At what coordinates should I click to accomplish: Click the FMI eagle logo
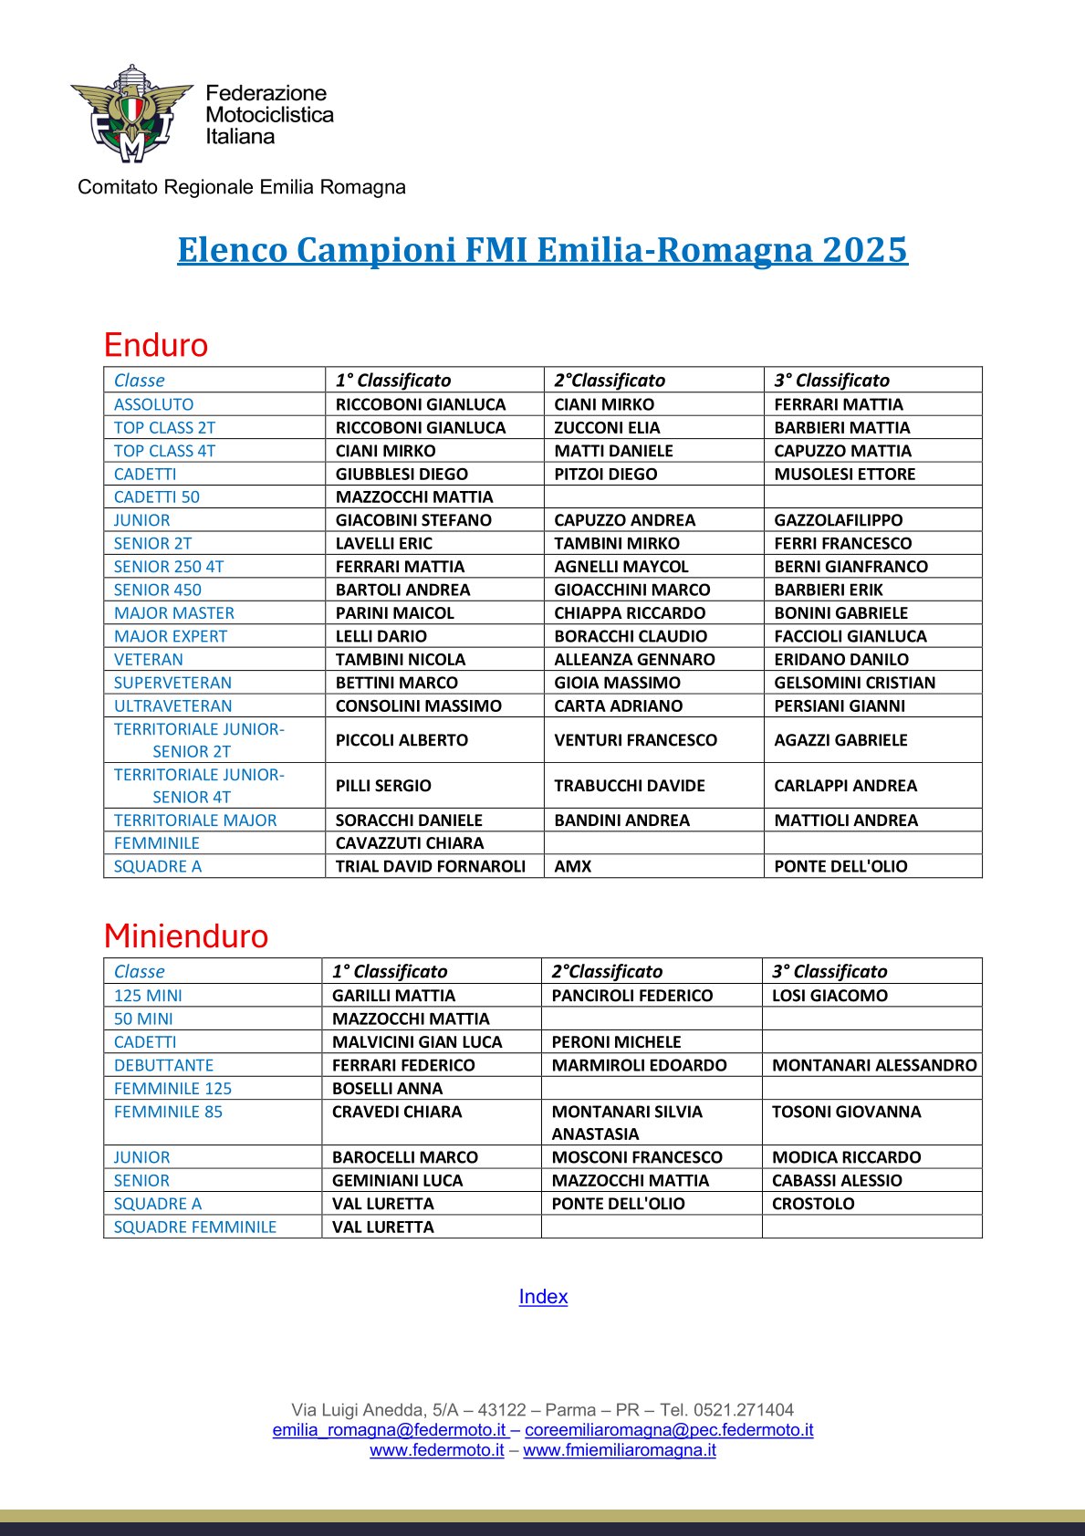pyautogui.click(x=131, y=114)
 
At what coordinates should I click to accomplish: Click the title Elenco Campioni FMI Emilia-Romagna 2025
pyautogui.click(x=542, y=249)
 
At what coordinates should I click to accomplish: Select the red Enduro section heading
pyautogui.click(x=156, y=345)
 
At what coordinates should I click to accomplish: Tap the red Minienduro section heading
pyautogui.click(x=186, y=936)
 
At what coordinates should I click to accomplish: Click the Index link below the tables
pyautogui.click(x=543, y=1296)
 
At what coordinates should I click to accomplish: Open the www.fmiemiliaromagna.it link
pyautogui.click(x=619, y=1450)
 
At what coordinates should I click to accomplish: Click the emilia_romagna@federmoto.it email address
pyautogui.click(x=389, y=1430)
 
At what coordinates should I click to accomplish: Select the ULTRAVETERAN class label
pyautogui.click(x=172, y=705)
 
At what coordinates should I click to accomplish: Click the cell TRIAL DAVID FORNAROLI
pyautogui.click(x=431, y=866)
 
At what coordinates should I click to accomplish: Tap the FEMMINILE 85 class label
pyautogui.click(x=168, y=1112)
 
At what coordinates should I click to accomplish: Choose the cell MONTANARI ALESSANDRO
pyautogui.click(x=873, y=1065)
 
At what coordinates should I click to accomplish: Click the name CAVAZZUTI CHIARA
pyautogui.click(x=410, y=843)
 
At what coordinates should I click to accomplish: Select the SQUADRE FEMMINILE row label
pyautogui.click(x=194, y=1227)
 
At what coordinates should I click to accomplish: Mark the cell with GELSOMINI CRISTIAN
pyautogui.click(x=854, y=683)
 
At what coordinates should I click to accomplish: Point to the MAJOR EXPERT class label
pyautogui.click(x=171, y=636)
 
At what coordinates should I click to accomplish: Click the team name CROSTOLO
pyautogui.click(x=813, y=1204)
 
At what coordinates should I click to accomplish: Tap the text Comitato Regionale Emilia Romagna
pyautogui.click(x=242, y=187)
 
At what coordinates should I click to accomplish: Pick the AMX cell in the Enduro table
pyautogui.click(x=573, y=866)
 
